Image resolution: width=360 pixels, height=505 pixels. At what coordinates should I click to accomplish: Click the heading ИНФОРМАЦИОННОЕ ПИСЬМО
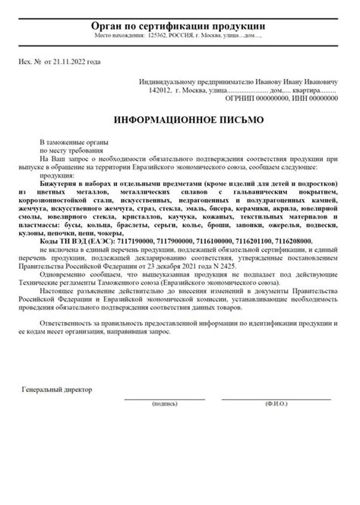[180, 121]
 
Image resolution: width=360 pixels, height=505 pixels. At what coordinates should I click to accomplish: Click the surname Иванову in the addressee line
[269, 81]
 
